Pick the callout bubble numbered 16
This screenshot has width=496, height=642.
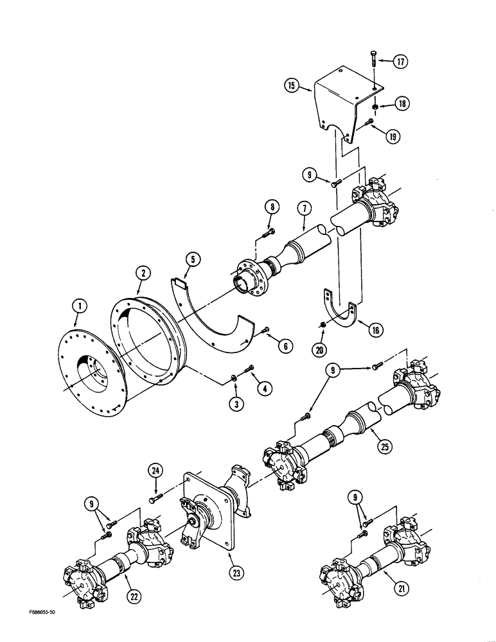click(373, 331)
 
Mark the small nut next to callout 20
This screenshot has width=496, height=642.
click(324, 325)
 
